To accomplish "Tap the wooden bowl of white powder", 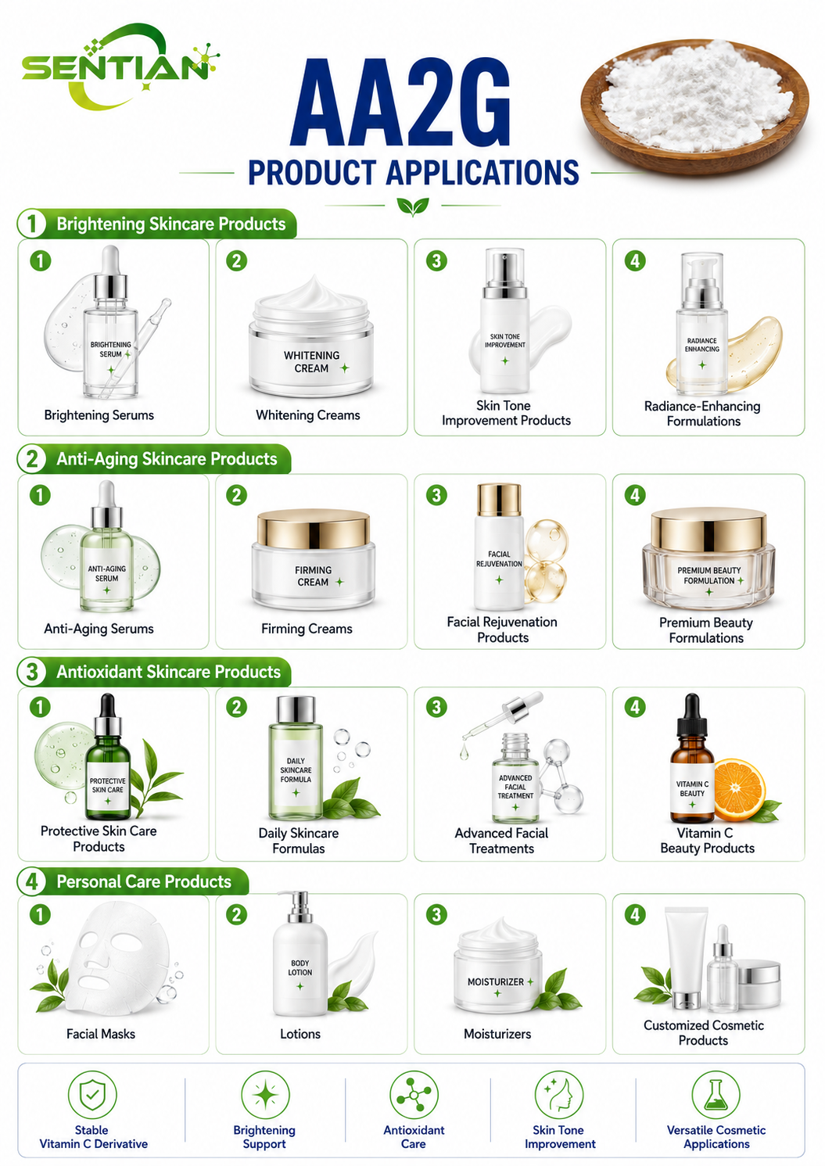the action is [x=694, y=106].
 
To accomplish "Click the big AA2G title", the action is [x=400, y=102].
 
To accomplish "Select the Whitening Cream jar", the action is [x=311, y=337].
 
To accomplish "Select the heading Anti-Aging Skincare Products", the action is [x=167, y=459].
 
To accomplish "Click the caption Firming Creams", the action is [x=307, y=629].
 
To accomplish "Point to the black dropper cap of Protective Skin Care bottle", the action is [x=108, y=708].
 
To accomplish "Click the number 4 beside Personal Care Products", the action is [x=32, y=882].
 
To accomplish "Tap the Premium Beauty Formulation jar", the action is [x=708, y=560].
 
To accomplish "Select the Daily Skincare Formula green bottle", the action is [x=296, y=757].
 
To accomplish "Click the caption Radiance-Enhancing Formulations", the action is [x=703, y=414].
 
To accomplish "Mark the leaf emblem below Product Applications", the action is [x=413, y=206].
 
